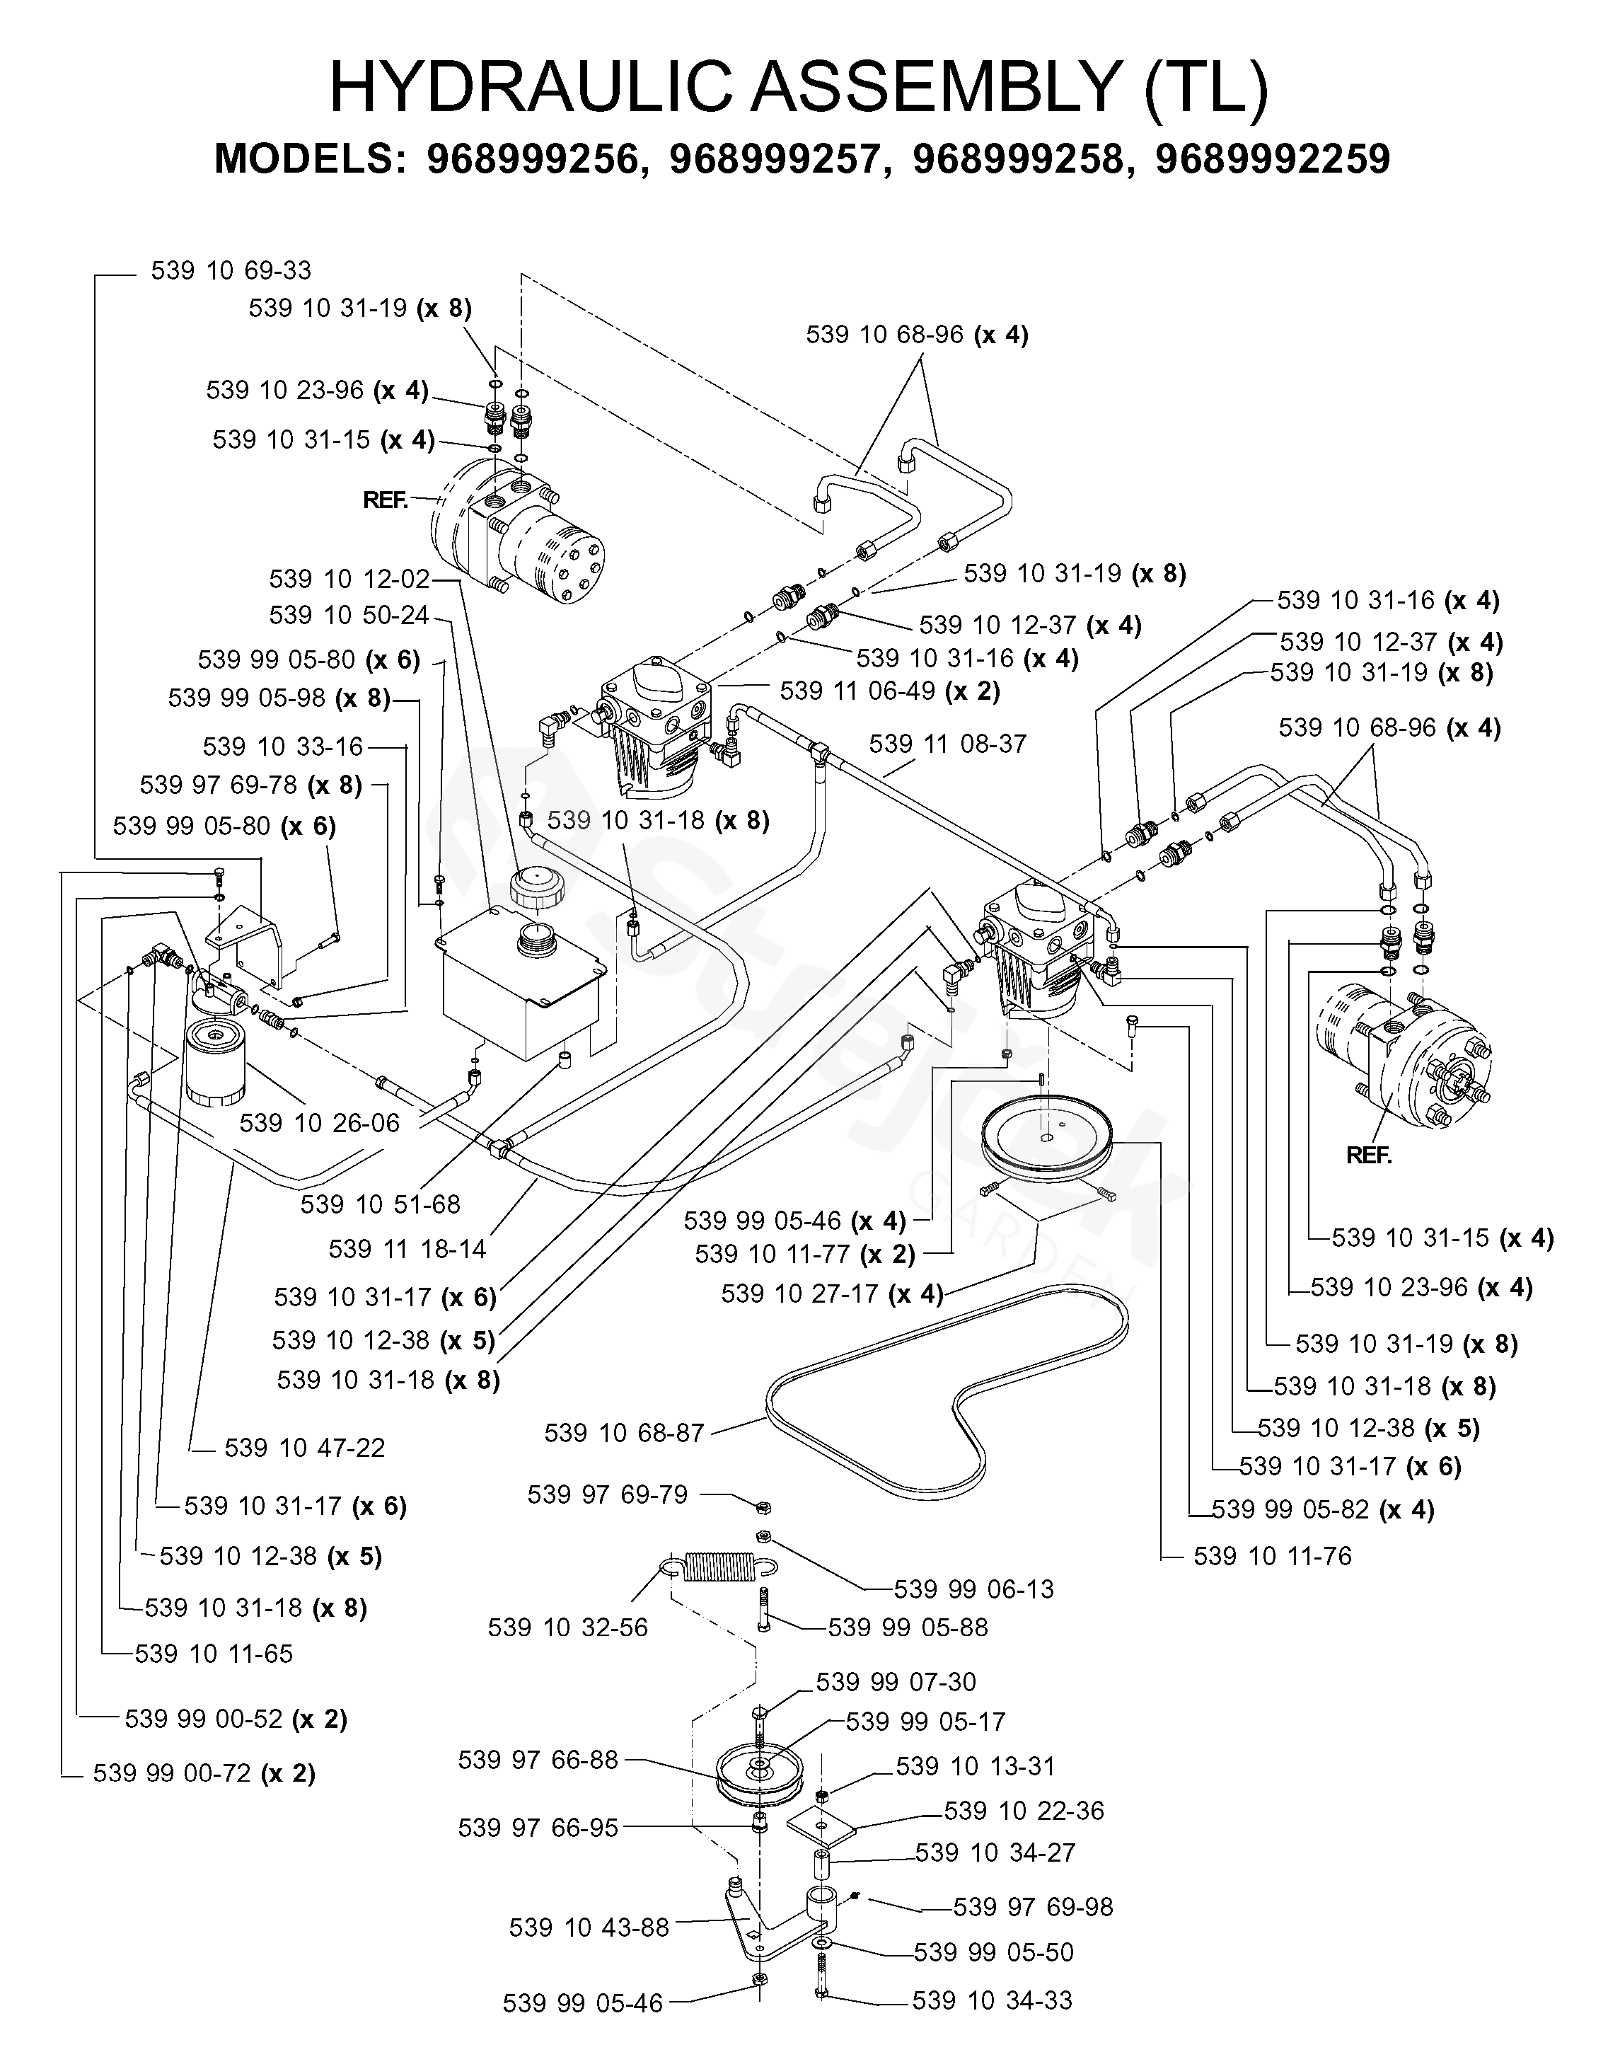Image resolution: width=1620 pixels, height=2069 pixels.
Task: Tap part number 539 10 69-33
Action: click(231, 270)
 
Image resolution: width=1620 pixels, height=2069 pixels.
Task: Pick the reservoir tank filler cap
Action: click(538, 887)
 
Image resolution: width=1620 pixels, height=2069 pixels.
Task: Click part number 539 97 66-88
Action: click(538, 1760)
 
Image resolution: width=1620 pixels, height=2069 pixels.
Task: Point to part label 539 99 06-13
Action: click(974, 1589)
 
